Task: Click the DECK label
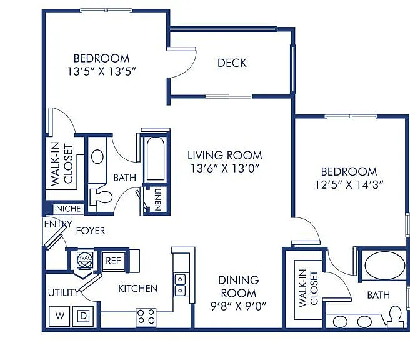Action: click(232, 63)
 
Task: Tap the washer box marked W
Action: click(59, 316)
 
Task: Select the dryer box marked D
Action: click(83, 316)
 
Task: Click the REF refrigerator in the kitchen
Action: click(114, 261)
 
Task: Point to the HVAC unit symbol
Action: click(85, 261)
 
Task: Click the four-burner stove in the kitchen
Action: click(146, 317)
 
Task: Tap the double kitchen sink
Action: click(180, 285)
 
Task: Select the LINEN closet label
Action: click(157, 200)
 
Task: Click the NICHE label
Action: click(69, 209)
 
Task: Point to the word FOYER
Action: click(91, 231)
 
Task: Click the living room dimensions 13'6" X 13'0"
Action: click(225, 169)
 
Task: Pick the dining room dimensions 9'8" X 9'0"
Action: click(239, 306)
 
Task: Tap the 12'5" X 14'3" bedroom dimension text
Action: click(349, 185)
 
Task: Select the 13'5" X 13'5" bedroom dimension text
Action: click(102, 71)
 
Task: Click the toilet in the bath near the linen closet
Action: click(101, 197)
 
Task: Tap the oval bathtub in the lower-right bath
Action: click(384, 266)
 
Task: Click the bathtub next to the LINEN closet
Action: click(156, 158)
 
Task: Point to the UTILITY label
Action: click(63, 292)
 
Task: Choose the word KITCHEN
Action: click(138, 289)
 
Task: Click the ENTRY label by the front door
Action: click(57, 224)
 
